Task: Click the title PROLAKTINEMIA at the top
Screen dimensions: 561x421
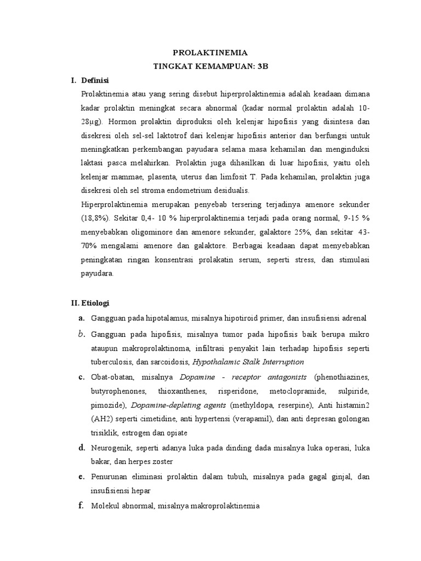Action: [210, 53]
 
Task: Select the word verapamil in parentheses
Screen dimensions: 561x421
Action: [251, 419]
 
